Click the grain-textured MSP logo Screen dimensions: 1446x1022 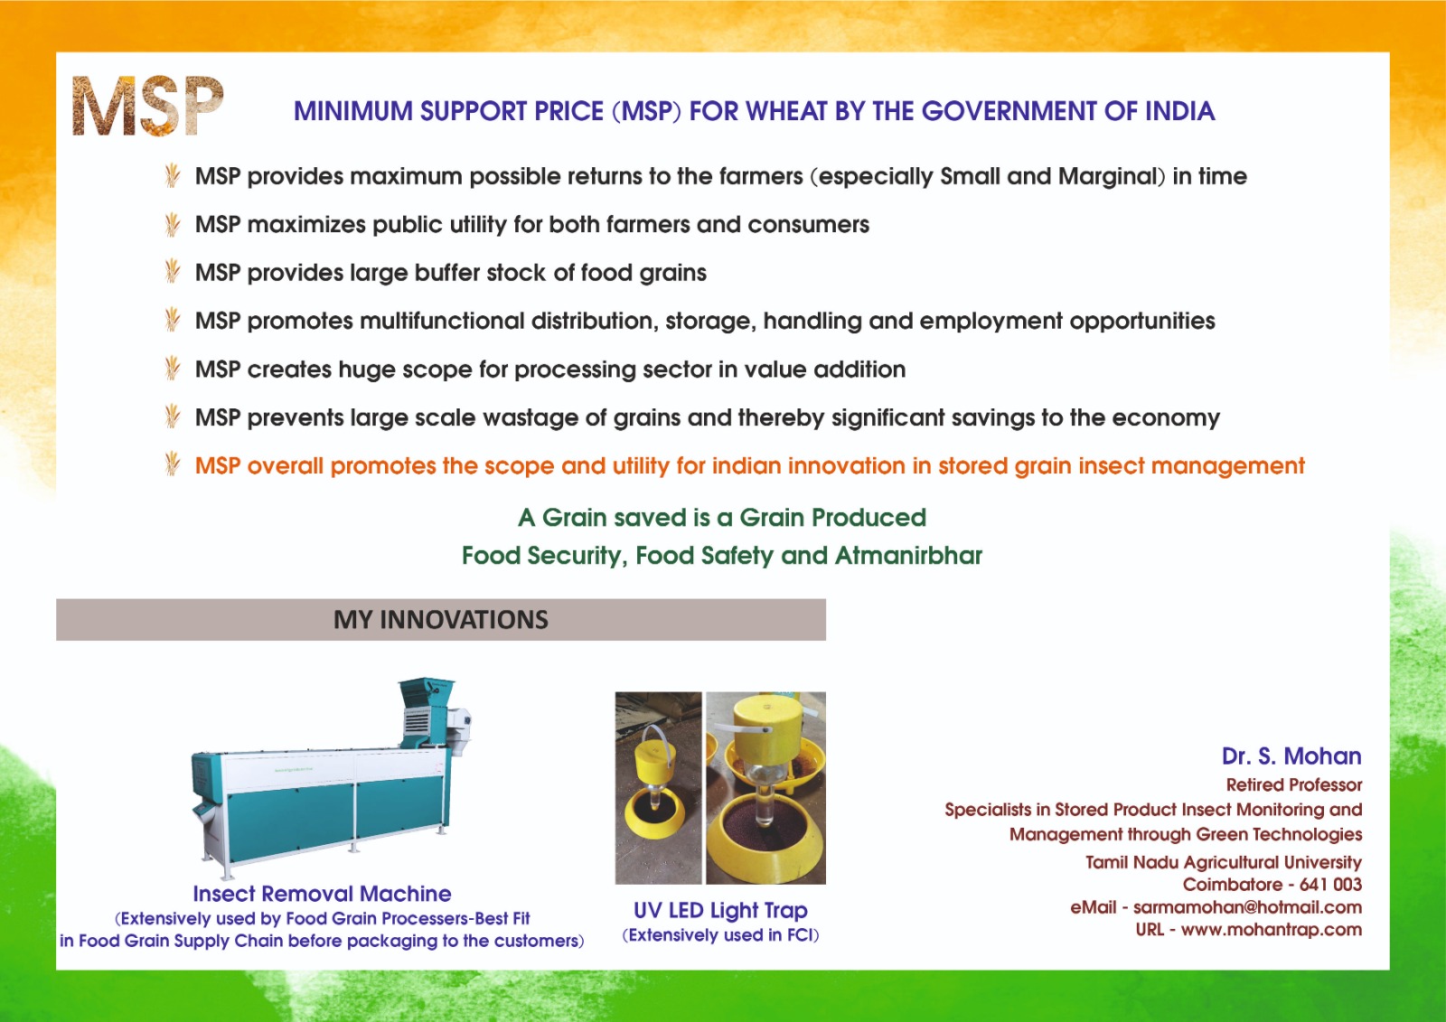click(148, 106)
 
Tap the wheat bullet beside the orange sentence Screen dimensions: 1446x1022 click(172, 464)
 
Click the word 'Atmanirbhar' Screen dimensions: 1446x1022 click(908, 555)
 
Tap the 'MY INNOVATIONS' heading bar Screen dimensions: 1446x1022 click(441, 620)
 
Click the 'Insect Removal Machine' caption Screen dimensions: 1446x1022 click(322, 894)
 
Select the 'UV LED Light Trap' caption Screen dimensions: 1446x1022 click(720, 910)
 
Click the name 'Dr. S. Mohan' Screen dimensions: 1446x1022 click(1291, 756)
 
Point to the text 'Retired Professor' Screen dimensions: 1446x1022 click(1294, 785)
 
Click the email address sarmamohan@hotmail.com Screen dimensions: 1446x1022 click(1248, 907)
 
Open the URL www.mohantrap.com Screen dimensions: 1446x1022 click(1272, 930)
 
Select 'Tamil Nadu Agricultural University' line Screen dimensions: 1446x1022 click(1224, 863)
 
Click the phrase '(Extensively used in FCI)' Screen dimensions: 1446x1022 click(720, 935)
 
